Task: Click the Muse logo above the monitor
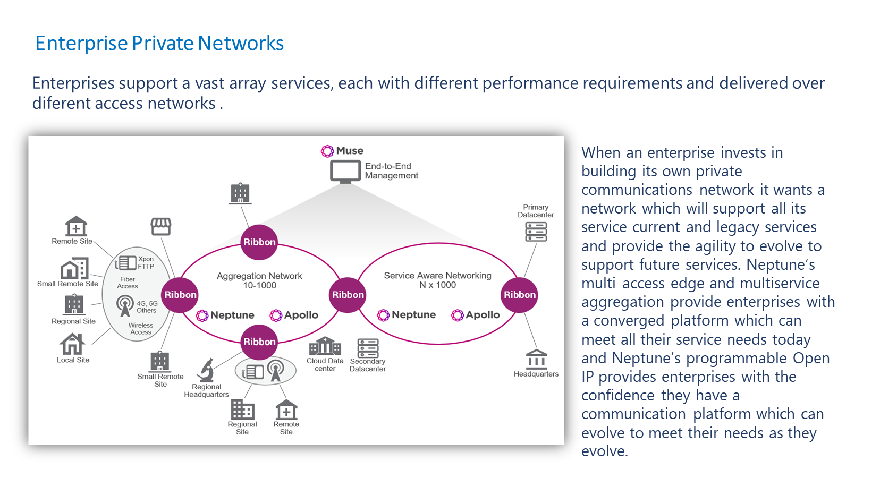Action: [343, 151]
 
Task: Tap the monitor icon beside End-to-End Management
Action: [345, 172]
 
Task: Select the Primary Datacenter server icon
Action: [536, 232]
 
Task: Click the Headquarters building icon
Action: [536, 359]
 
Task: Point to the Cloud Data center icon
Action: [325, 346]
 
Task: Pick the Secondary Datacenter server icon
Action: [368, 348]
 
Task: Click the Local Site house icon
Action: [72, 344]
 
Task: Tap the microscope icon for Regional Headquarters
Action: [206, 370]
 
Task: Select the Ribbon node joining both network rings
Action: [348, 295]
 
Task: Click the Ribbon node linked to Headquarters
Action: [520, 295]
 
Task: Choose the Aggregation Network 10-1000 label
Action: [259, 280]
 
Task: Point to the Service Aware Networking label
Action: [437, 280]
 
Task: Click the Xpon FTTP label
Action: [146, 263]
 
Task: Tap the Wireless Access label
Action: [141, 329]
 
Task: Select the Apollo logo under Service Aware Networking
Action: [476, 315]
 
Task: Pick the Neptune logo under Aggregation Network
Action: [225, 315]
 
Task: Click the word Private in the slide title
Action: [163, 44]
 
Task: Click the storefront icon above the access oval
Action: [160, 226]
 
